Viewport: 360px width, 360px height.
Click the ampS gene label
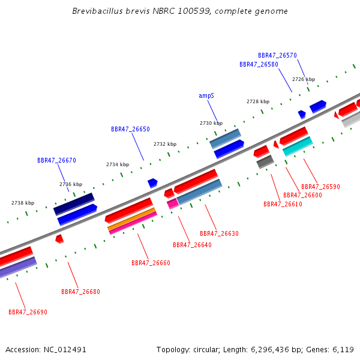(x=206, y=96)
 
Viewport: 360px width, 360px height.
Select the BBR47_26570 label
(x=277, y=55)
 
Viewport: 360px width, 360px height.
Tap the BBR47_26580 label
(x=259, y=64)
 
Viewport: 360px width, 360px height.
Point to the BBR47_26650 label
(x=130, y=129)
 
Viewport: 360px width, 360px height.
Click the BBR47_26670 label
(x=56, y=160)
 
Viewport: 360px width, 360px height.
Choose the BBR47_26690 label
(x=28, y=312)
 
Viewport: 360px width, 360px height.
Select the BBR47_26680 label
(x=80, y=292)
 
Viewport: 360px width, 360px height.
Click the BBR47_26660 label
(x=151, y=263)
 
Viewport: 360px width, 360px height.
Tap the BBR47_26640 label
(x=192, y=245)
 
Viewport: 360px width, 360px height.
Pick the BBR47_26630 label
(x=219, y=233)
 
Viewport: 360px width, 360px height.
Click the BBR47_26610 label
(x=283, y=204)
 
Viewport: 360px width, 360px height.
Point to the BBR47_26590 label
(x=320, y=187)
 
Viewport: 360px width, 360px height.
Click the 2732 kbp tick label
(x=165, y=144)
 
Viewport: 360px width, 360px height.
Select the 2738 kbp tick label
(x=23, y=203)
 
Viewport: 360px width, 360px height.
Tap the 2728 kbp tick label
(x=258, y=101)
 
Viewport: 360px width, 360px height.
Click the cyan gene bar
(x=298, y=146)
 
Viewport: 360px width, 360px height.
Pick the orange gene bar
(x=131, y=219)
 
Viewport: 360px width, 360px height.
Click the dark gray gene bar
(x=265, y=162)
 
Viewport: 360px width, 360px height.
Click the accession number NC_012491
(x=65, y=350)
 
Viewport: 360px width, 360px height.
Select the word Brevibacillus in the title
(x=98, y=11)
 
